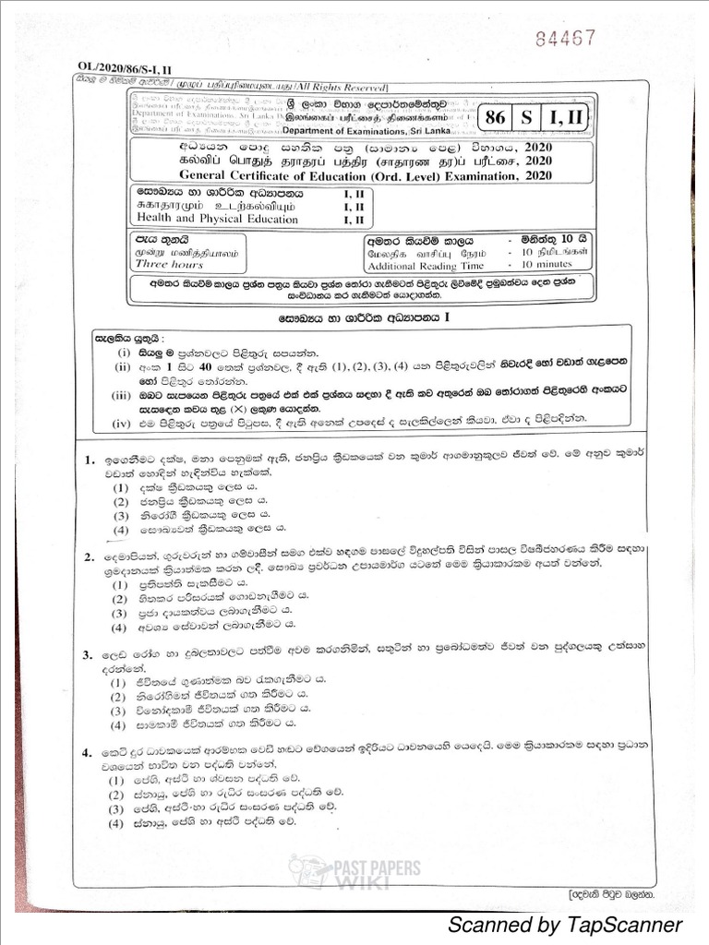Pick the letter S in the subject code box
point(526,119)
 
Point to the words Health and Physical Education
point(217,220)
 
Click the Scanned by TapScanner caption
point(564,924)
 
